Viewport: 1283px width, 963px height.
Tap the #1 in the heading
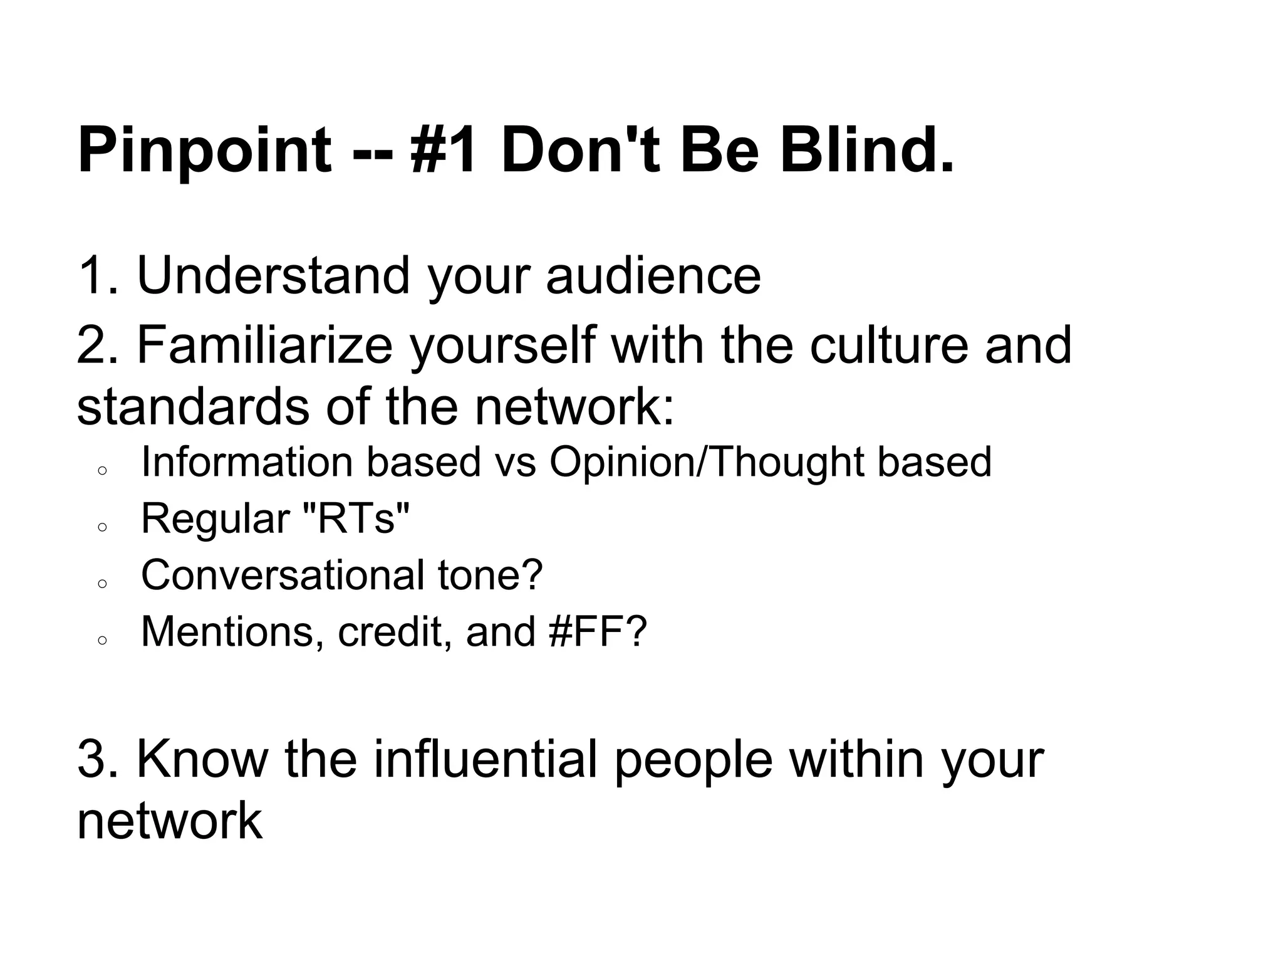coord(444,150)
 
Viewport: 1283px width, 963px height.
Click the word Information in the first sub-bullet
coord(247,462)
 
